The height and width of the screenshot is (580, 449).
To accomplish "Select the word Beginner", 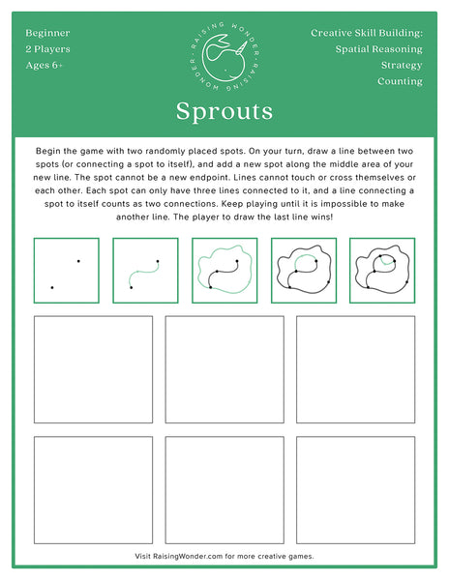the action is pyautogui.click(x=47, y=33).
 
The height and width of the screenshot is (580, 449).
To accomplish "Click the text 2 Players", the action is pyautogui.click(x=47, y=49).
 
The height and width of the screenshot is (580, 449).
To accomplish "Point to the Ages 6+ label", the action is pyautogui.click(x=45, y=66).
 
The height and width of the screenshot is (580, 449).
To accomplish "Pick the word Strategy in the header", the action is pyautogui.click(x=402, y=66).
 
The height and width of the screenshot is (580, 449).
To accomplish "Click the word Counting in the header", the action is pyautogui.click(x=400, y=82).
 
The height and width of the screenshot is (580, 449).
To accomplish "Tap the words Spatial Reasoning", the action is pyautogui.click(x=378, y=49).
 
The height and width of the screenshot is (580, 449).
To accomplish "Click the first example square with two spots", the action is pyautogui.click(x=66, y=271).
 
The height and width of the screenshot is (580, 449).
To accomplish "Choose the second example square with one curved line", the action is pyautogui.click(x=145, y=271).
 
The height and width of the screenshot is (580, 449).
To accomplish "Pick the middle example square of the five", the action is pyautogui.click(x=224, y=271).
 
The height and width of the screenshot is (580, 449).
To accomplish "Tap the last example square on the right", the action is pyautogui.click(x=382, y=271).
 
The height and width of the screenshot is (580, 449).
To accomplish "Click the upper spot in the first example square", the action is pyautogui.click(x=78, y=260).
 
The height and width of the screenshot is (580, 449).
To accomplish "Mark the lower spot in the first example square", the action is pyautogui.click(x=52, y=287).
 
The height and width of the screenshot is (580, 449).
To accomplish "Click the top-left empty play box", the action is pyautogui.click(x=93, y=369).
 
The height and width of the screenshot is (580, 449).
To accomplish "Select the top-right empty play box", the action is pyautogui.click(x=355, y=369).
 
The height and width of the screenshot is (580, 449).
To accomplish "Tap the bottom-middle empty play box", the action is pyautogui.click(x=224, y=489).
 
